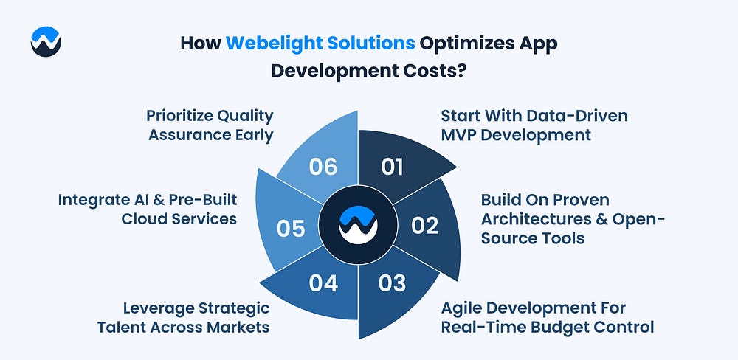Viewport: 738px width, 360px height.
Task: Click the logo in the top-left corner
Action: click(46, 41)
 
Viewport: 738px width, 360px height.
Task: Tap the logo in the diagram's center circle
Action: click(358, 224)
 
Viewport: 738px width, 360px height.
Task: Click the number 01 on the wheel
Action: click(392, 167)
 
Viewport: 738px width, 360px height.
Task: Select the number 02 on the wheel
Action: click(424, 226)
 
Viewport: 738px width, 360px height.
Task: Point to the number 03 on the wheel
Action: click(392, 283)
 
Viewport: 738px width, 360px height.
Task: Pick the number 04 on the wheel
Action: click(323, 283)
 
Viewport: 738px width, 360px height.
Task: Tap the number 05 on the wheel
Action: click(291, 229)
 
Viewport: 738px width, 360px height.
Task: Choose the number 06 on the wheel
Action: click(323, 167)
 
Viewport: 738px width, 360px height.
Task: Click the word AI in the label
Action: click(140, 200)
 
